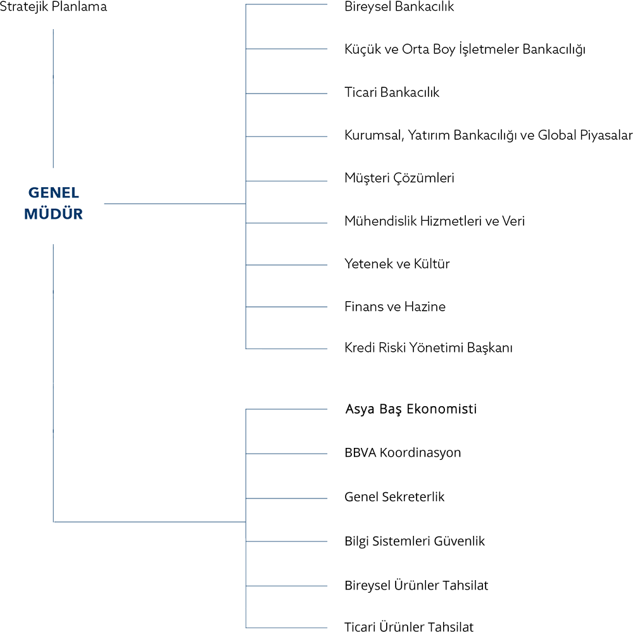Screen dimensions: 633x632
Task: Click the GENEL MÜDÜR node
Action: [53, 203]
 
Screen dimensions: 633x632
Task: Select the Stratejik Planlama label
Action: [53, 7]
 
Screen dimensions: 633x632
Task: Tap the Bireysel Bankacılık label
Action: [399, 7]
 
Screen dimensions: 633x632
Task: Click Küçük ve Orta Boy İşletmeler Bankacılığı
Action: [465, 49]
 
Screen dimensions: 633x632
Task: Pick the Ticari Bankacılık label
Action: [392, 92]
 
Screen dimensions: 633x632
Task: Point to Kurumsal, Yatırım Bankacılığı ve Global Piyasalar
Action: [489, 135]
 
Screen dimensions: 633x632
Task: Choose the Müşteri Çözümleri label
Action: [399, 178]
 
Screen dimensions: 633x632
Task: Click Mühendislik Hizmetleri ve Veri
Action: [434, 221]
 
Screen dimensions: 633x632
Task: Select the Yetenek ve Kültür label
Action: [397, 264]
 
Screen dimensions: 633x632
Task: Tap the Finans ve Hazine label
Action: [395, 307]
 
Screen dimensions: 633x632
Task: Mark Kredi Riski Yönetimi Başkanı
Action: [429, 348]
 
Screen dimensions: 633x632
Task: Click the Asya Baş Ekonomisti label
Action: [411, 409]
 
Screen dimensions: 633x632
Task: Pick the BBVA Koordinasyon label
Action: [403, 453]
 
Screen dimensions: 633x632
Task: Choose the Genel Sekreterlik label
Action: [394, 497]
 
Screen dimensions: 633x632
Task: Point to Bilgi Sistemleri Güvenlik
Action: [414, 541]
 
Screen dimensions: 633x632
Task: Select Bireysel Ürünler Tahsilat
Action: [417, 585]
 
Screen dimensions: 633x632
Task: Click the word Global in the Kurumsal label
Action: [557, 135]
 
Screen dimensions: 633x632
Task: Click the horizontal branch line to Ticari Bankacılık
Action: [286, 94]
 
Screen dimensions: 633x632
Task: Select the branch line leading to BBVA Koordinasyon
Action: [286, 454]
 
